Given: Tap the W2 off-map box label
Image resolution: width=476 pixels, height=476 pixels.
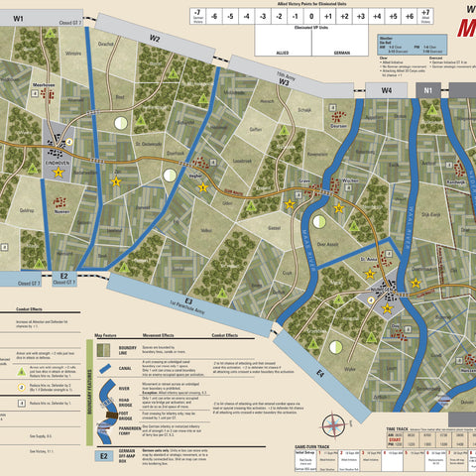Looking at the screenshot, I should tap(154, 39).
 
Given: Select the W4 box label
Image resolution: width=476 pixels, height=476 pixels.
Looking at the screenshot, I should tap(387, 90).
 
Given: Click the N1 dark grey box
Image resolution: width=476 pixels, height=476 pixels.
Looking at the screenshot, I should tap(429, 90).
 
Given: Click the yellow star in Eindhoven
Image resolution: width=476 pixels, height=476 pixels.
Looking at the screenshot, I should tap(59, 173).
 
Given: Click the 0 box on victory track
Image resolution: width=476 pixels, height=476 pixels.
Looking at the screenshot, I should tap(310, 17).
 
